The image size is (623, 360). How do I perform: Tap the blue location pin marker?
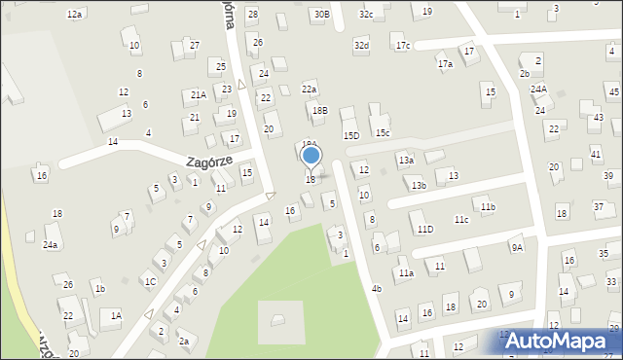click(311, 156)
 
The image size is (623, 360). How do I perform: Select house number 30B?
click(321, 15)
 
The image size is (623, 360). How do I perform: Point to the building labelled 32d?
click(361, 46)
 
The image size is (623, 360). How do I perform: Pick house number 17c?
click(403, 46)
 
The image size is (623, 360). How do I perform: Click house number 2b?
click(525, 74)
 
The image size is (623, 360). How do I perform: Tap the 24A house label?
click(538, 90)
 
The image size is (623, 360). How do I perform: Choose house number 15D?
click(351, 135)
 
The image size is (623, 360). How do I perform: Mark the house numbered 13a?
click(406, 160)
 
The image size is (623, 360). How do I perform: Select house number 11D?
click(424, 230)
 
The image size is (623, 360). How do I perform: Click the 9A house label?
click(517, 247)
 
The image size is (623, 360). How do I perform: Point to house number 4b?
click(377, 289)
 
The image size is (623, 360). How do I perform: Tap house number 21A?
click(198, 95)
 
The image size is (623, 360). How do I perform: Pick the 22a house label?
click(309, 90)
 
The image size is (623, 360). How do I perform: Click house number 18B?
click(319, 112)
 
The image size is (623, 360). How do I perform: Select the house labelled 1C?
click(150, 282)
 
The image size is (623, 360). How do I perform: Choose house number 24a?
click(51, 245)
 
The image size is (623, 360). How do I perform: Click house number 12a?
click(74, 15)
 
